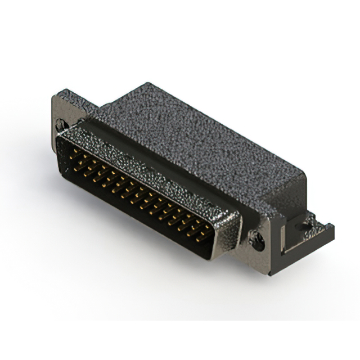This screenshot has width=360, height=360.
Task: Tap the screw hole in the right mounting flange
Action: tap(258, 244)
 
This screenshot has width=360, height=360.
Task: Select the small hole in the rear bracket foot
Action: tap(304, 228)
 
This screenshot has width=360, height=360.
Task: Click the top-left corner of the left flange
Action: tap(55, 97)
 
